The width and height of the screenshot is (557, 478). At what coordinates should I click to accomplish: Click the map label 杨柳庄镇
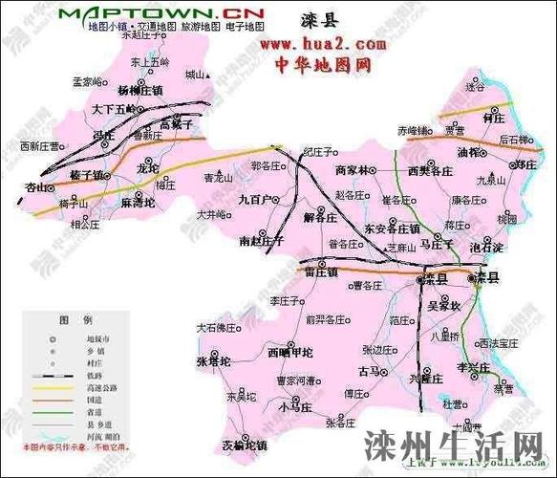(x=140, y=90)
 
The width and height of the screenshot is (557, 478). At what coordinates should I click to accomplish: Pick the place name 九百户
(x=255, y=199)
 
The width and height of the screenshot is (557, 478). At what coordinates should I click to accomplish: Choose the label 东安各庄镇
(x=392, y=229)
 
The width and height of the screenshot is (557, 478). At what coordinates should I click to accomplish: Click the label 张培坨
(x=214, y=362)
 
